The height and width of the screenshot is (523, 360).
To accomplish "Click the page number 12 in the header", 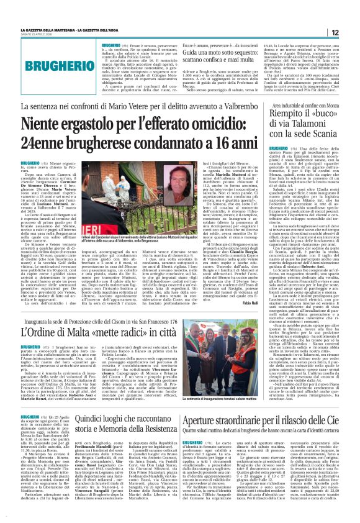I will [352, 32].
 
